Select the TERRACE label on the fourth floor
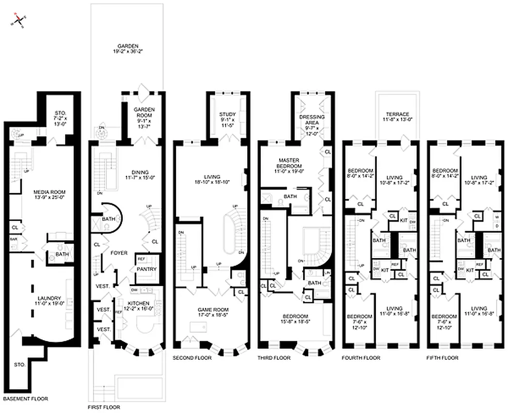pos(396,114)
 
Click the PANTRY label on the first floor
pos(146,269)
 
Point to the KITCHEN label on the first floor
pos(138,303)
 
